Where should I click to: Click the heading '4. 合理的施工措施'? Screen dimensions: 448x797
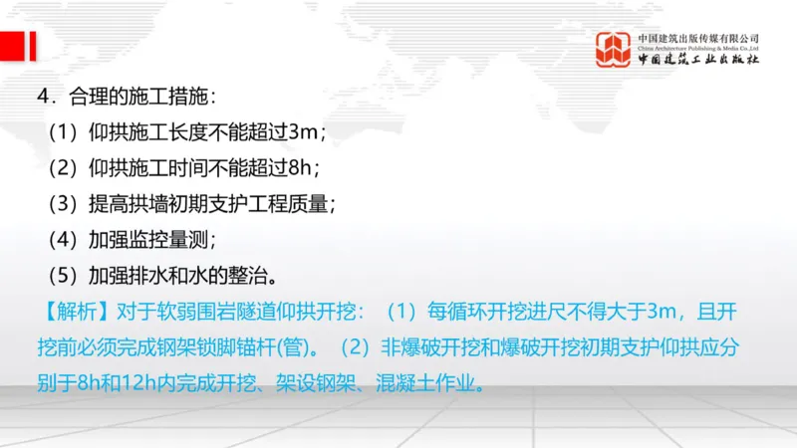point(126,98)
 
